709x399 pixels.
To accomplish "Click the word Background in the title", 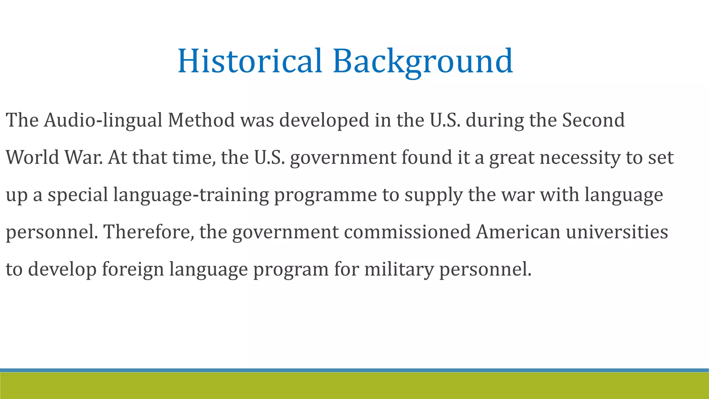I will (423, 61).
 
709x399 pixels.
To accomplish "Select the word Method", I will (201, 120).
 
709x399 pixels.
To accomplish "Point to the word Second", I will (593, 120).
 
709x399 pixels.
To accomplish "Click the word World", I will (33, 157).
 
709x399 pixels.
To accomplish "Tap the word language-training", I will (191, 195).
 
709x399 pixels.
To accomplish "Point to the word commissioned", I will (407, 232).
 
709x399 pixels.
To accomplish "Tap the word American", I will (518, 232).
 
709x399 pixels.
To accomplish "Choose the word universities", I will (617, 232).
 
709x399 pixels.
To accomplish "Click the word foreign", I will (133, 269).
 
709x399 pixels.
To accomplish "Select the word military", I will (399, 269).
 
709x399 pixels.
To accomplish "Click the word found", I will (427, 157).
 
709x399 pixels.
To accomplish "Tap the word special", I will (78, 195).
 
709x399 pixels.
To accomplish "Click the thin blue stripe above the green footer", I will (354, 370).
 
